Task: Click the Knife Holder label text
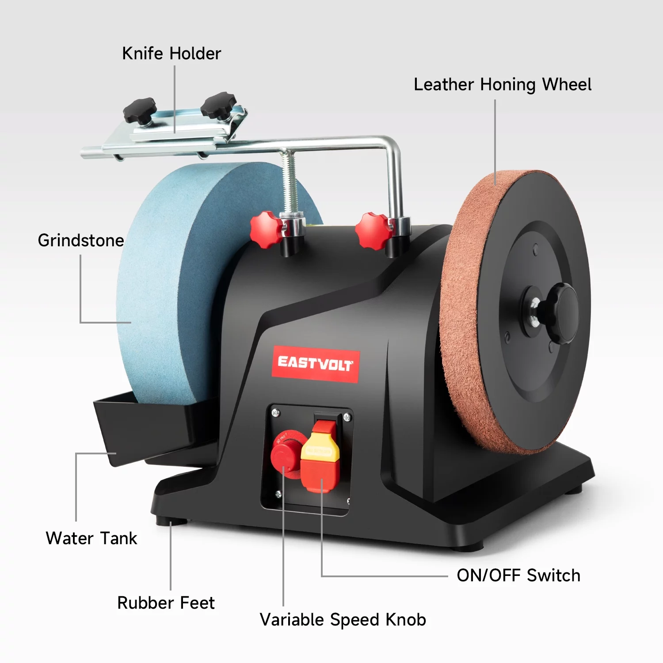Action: tap(171, 54)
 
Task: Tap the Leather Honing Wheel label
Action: tap(502, 85)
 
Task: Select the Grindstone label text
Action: tap(81, 241)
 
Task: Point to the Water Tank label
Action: tap(91, 538)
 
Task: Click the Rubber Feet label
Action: tap(166, 603)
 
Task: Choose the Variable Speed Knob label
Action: tap(343, 620)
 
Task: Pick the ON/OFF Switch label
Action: tap(518, 575)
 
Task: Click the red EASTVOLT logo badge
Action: tap(315, 364)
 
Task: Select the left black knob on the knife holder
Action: tap(140, 110)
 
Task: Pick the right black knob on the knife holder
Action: tap(218, 105)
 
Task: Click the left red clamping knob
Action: tap(265, 229)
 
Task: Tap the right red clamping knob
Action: tap(373, 231)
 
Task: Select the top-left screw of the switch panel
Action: tap(275, 413)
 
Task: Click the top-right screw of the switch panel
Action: tap(347, 417)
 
